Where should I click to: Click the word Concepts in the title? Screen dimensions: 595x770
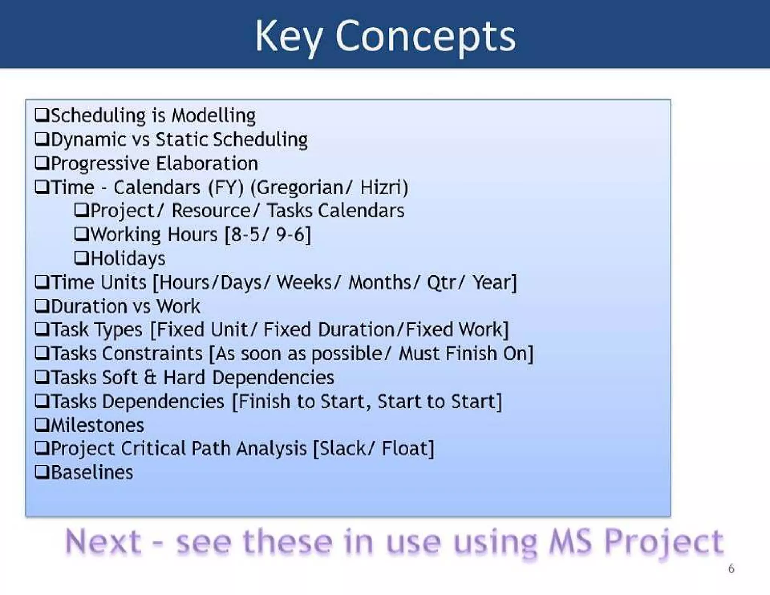coord(425,36)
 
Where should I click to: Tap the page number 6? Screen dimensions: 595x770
coord(731,568)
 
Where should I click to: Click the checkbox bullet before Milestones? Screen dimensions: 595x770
coord(42,425)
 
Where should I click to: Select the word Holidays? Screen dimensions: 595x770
coord(128,258)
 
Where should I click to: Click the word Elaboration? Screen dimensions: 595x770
coord(207,164)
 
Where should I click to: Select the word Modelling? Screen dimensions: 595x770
coord(214,115)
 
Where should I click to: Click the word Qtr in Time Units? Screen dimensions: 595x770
coord(442,283)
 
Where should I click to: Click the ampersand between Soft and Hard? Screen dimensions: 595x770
coord(150,377)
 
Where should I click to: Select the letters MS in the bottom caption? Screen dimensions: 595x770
coord(570,542)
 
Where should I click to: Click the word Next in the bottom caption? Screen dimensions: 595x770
coord(103,542)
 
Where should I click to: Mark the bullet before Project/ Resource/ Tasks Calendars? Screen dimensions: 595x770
coord(81,210)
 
